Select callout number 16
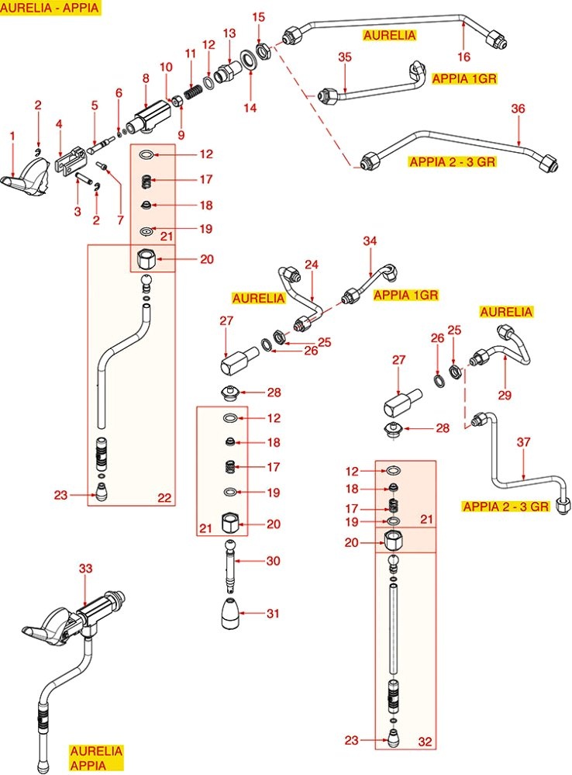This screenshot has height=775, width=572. [463, 57]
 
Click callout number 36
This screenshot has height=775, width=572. [518, 109]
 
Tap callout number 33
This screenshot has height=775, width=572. [85, 569]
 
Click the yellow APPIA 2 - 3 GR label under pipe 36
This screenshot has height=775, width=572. [453, 161]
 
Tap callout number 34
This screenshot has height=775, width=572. [370, 242]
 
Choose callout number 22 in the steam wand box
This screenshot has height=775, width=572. [164, 498]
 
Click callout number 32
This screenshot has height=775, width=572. [425, 741]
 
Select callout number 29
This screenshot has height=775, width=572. [505, 395]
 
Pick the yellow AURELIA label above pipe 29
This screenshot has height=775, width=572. [506, 312]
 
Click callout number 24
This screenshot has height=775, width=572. [312, 265]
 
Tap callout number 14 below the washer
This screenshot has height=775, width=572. [249, 109]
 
